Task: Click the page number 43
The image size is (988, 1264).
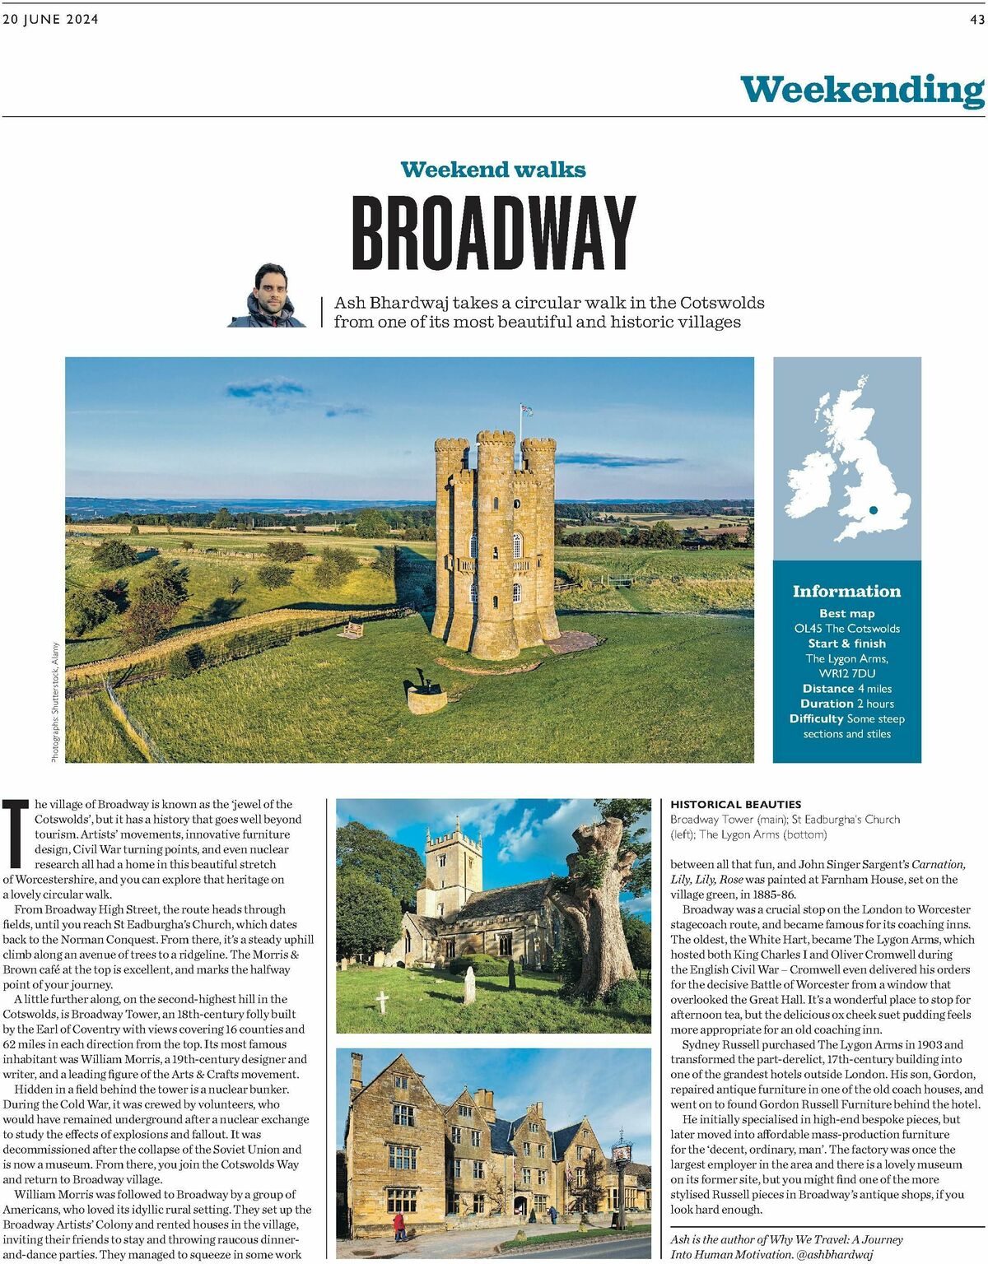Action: point(976,20)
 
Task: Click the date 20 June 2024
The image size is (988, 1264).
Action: point(50,20)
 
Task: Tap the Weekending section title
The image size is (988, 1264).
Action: point(862,90)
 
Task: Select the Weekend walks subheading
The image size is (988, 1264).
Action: point(493,170)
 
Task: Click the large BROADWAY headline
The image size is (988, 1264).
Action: point(493,234)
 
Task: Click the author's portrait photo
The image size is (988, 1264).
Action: point(267,296)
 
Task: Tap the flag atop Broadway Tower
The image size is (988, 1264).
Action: point(525,410)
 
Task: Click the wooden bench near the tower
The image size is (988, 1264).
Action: point(352,630)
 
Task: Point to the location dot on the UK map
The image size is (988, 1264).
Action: point(873,510)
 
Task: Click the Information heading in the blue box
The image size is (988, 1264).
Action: point(846,592)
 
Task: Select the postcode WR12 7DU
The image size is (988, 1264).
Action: point(847,673)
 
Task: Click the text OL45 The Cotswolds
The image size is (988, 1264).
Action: point(846,629)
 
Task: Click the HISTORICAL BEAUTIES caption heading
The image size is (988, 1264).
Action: point(735,804)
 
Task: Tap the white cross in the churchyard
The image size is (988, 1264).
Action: point(382,1001)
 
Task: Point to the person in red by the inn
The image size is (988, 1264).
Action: point(399,1226)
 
